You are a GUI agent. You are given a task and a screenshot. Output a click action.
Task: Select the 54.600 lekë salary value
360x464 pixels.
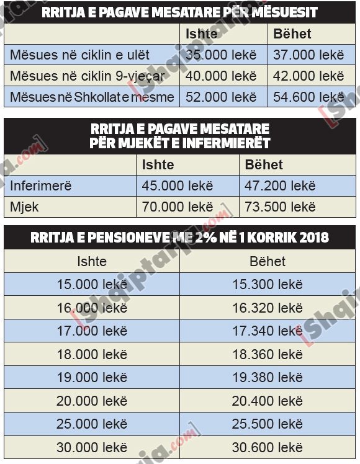coord(308,97)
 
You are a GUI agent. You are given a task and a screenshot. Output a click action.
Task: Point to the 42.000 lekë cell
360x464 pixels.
coord(308,76)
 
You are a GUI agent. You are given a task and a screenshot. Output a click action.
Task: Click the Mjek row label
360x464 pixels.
coord(24,207)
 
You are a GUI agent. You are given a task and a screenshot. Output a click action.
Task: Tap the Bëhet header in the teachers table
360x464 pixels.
coord(292,33)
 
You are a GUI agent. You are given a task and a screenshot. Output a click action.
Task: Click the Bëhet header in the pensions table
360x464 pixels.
coord(268,261)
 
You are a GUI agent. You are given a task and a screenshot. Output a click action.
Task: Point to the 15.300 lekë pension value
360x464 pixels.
coord(268,285)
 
